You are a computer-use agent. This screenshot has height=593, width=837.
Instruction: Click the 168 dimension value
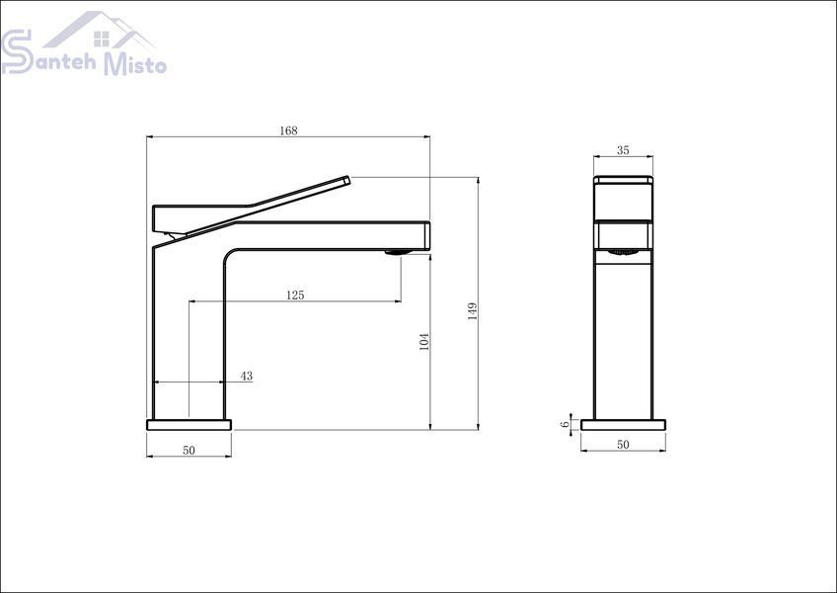click(288, 130)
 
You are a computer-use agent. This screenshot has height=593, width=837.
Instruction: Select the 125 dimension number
click(295, 296)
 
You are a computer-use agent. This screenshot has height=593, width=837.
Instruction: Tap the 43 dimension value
click(246, 376)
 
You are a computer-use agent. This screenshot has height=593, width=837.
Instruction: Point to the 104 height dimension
click(424, 341)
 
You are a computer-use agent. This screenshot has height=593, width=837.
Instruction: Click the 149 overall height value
click(473, 311)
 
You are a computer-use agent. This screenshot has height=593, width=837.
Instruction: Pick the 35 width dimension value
click(623, 150)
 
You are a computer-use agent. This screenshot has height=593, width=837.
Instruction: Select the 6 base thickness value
click(565, 425)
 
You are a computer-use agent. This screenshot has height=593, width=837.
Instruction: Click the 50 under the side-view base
click(623, 445)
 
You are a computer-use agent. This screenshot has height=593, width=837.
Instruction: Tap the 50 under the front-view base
click(189, 451)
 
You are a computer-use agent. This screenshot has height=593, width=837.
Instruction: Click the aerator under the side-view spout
click(623, 252)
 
